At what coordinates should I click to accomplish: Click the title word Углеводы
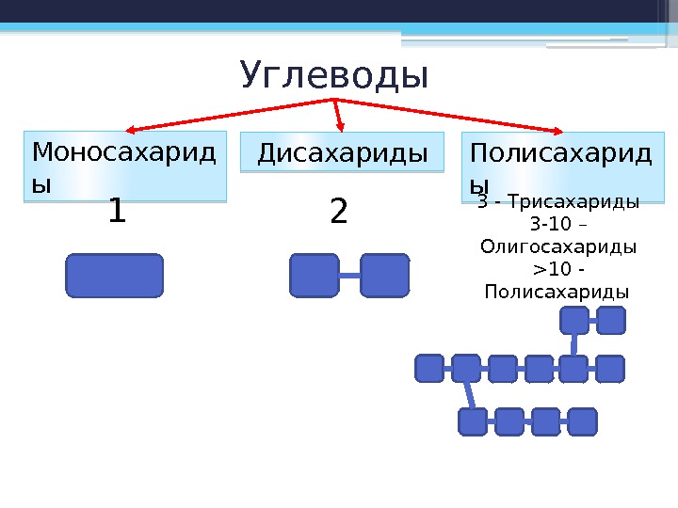coord(334,76)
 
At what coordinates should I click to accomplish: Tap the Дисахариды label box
coord(342,152)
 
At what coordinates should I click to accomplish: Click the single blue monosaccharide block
coord(115,276)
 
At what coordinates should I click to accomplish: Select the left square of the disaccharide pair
coord(315,276)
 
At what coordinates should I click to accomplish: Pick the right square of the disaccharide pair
coord(384,276)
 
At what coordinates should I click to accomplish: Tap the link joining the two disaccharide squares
coord(349,276)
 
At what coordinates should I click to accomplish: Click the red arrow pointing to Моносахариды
coord(226,114)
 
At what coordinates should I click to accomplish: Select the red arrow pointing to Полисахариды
coord(452,115)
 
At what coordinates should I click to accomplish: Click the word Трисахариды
coord(584,202)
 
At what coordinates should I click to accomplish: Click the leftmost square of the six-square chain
coord(429,369)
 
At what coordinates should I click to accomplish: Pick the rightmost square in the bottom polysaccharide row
coord(582,421)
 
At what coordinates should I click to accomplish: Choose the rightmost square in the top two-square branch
coord(611,321)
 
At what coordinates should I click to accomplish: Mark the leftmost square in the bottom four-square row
coord(473,421)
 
